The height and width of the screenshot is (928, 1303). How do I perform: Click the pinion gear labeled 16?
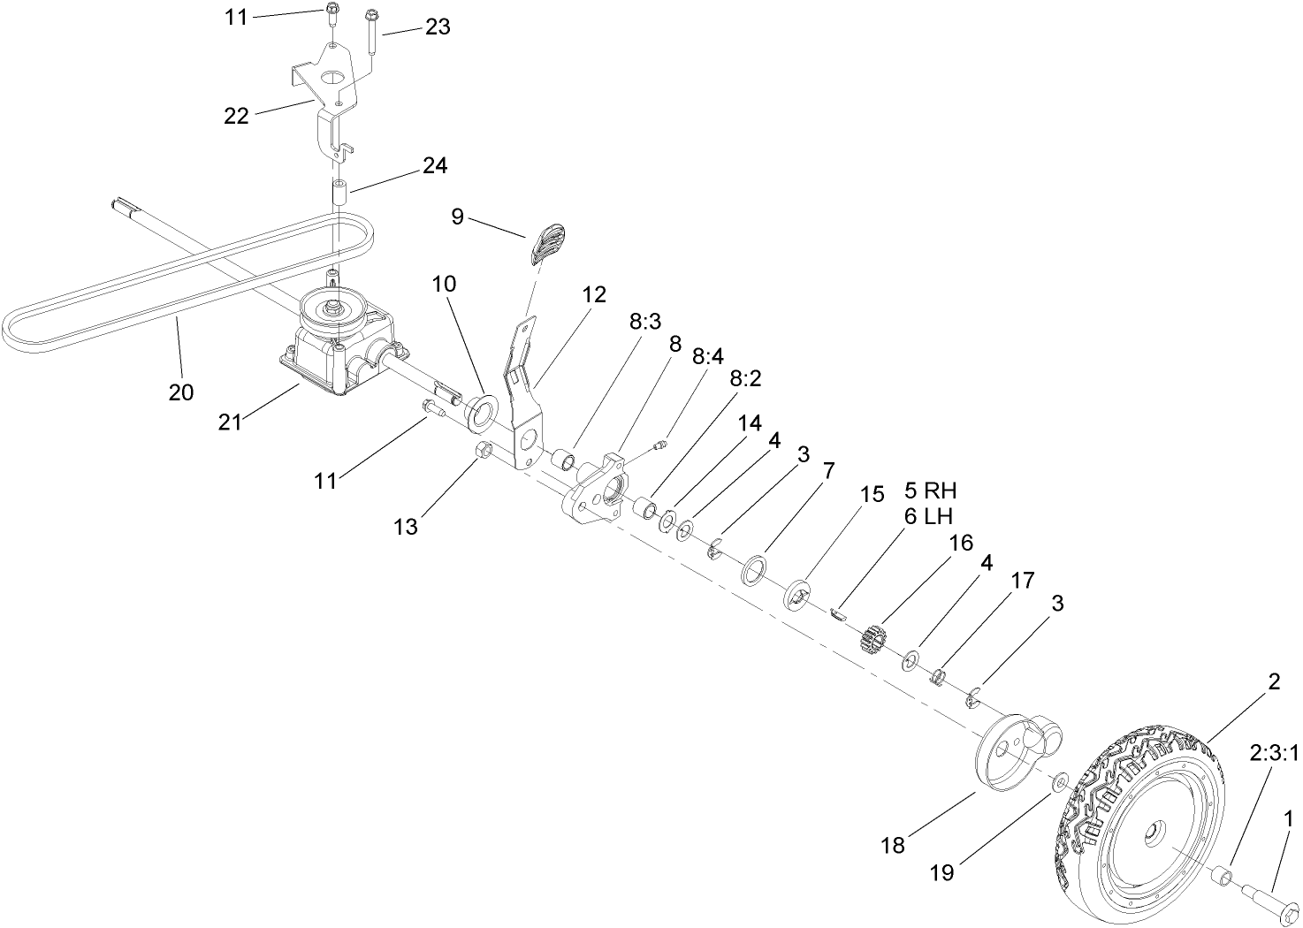click(872, 638)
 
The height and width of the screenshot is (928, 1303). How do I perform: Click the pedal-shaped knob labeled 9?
click(549, 243)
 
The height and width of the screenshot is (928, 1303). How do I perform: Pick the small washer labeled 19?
click(1058, 782)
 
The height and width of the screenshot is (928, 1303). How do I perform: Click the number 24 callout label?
click(435, 165)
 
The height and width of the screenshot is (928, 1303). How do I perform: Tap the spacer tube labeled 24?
click(337, 193)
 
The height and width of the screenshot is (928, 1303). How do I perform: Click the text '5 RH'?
click(930, 491)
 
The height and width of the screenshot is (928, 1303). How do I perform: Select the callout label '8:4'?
click(707, 355)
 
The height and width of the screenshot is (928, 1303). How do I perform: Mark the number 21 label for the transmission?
click(230, 422)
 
